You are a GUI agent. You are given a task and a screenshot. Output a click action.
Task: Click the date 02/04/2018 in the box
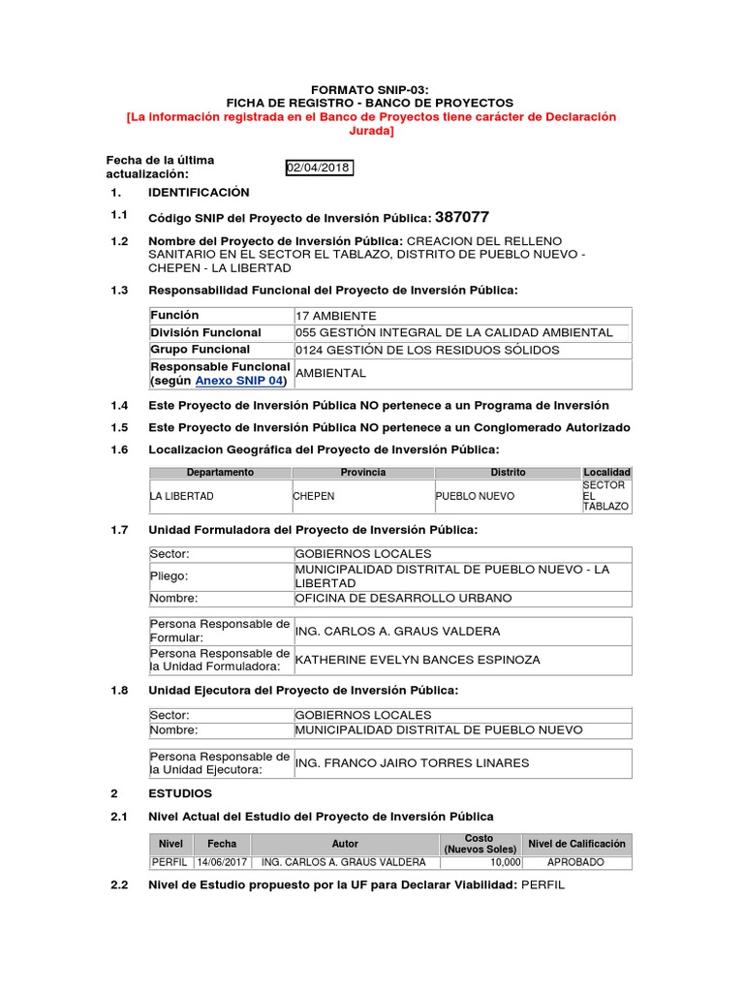pyautogui.click(x=319, y=168)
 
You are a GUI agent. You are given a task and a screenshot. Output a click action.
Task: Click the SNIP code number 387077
pyautogui.click(x=462, y=217)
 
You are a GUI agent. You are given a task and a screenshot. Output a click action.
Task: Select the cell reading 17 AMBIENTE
pyautogui.click(x=337, y=316)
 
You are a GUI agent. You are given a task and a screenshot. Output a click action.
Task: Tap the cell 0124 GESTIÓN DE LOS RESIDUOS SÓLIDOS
pyautogui.click(x=427, y=350)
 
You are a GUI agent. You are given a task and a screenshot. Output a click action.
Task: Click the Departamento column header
pyautogui.click(x=220, y=473)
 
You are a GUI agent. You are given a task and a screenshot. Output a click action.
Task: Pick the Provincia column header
pyautogui.click(x=363, y=473)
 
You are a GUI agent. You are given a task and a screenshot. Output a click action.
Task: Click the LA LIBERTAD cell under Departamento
pyautogui.click(x=182, y=496)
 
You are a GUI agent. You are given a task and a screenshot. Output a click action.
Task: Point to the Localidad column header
pyautogui.click(x=607, y=473)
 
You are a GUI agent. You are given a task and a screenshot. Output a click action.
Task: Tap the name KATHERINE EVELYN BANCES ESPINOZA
pyautogui.click(x=418, y=660)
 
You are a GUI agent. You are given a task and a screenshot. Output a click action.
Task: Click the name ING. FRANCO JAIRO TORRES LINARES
pyautogui.click(x=413, y=762)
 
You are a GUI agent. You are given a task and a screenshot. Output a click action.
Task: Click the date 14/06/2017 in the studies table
pyautogui.click(x=222, y=862)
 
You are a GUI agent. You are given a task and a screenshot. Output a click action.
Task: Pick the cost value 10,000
pyautogui.click(x=506, y=862)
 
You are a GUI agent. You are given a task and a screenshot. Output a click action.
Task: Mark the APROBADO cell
pyautogui.click(x=575, y=862)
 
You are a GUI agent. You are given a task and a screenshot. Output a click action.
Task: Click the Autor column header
pyautogui.click(x=345, y=844)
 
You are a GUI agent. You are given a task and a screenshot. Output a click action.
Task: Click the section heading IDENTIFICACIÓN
pyautogui.click(x=199, y=193)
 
